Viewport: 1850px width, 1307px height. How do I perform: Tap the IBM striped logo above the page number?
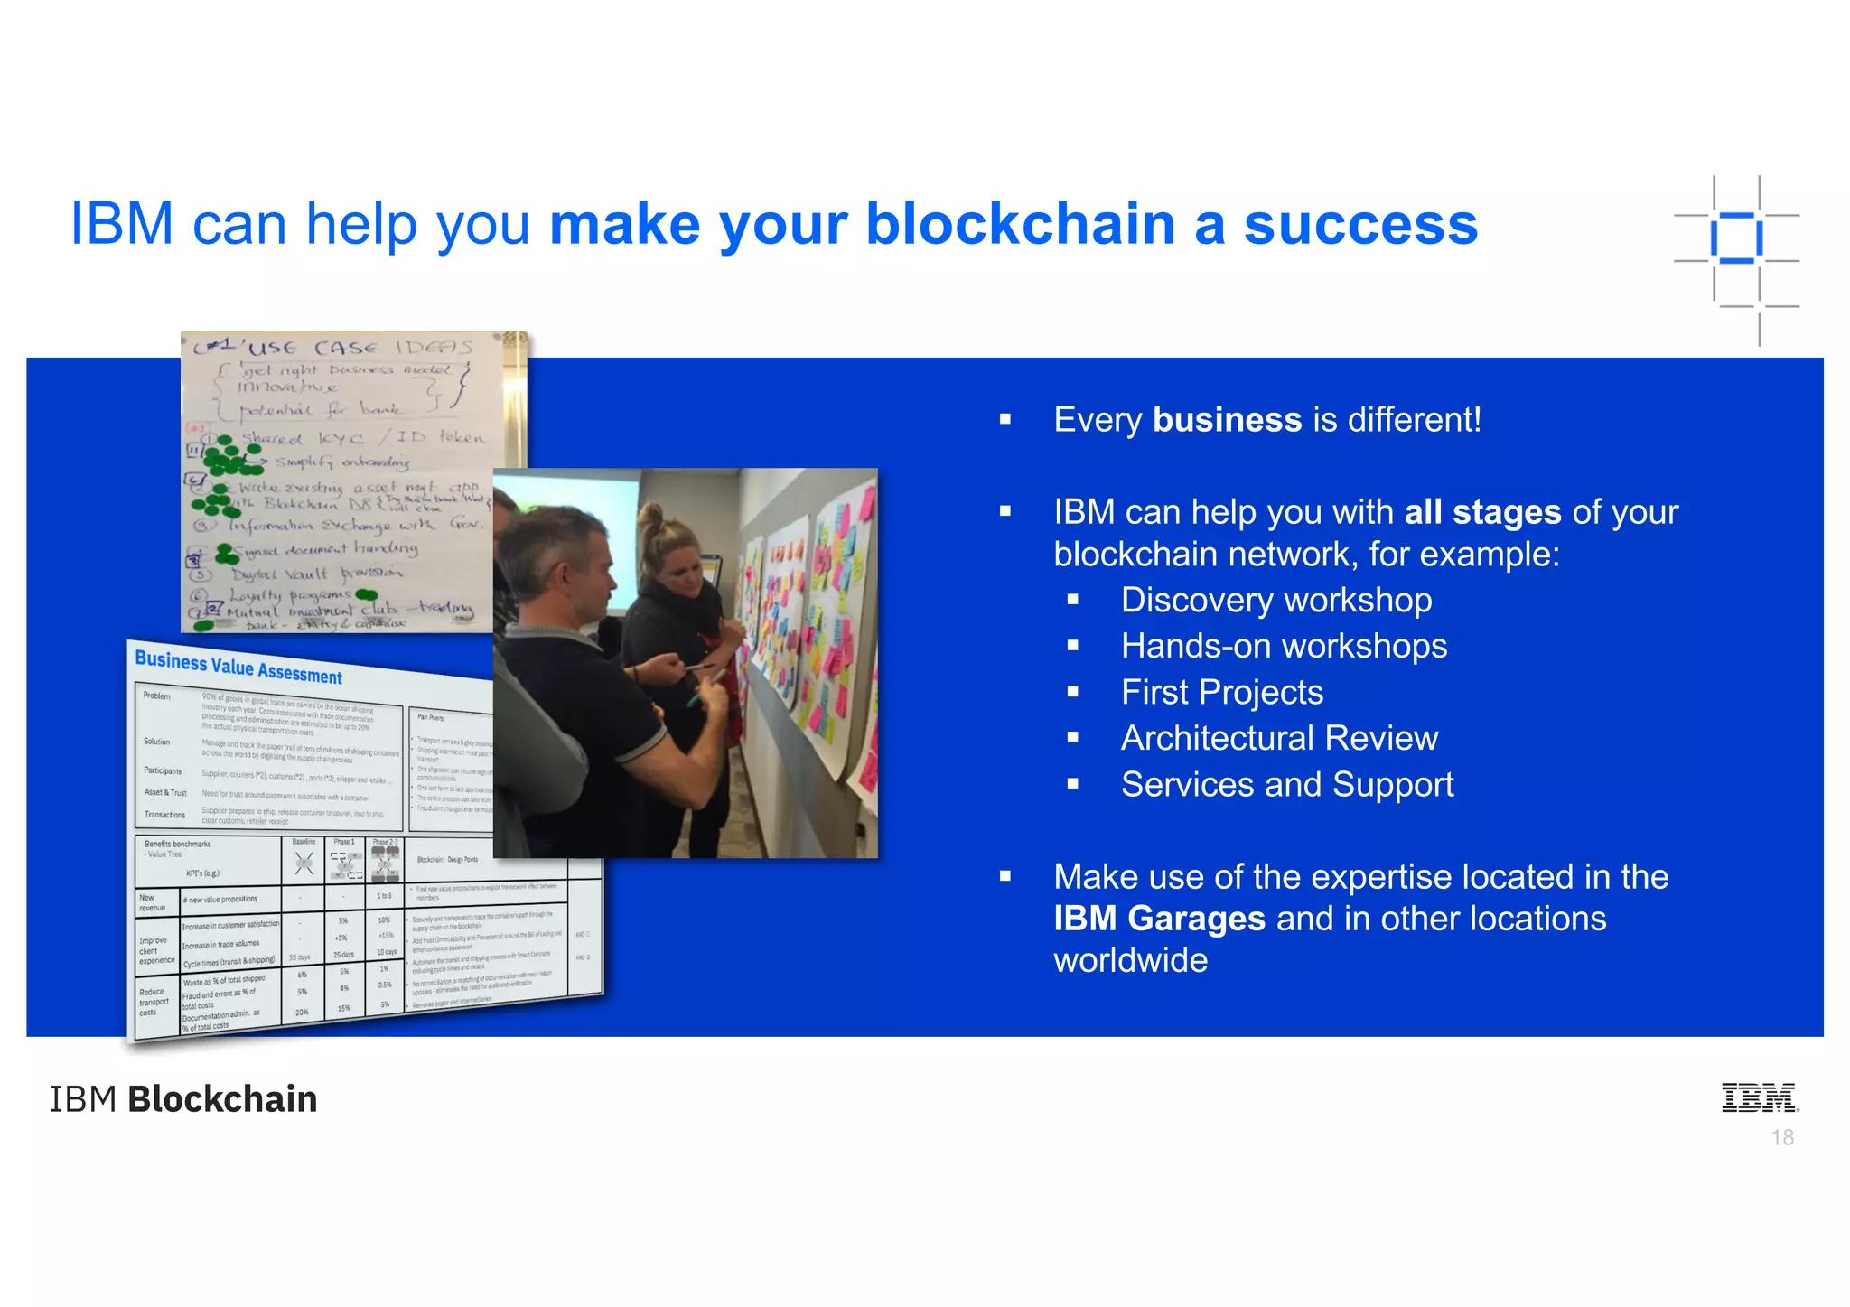tap(1760, 1097)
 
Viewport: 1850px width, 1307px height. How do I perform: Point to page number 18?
tap(1782, 1138)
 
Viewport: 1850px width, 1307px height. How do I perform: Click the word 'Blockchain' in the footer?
tap(222, 1099)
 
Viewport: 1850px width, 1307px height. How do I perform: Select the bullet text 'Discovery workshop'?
tap(1275, 601)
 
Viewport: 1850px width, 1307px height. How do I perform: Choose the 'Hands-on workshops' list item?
tap(1284, 647)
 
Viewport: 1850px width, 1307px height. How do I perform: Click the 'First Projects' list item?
tap(1221, 693)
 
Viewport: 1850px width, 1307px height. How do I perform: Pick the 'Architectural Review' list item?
tap(1279, 739)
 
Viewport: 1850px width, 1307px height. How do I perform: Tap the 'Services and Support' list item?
tap(1287, 785)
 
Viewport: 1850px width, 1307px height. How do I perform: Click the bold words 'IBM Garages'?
tap(1159, 919)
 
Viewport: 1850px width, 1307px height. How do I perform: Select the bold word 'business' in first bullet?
tap(1227, 420)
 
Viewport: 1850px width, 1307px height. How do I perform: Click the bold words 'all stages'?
tap(1482, 512)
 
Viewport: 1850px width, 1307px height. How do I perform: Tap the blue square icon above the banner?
tap(1736, 238)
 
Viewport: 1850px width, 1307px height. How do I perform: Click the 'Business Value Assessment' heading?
tap(238, 667)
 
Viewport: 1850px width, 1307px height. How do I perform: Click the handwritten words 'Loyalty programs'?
tap(289, 595)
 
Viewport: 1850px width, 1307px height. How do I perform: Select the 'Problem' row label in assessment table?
tap(156, 696)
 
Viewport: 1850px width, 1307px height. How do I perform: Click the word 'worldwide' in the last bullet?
tap(1130, 960)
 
